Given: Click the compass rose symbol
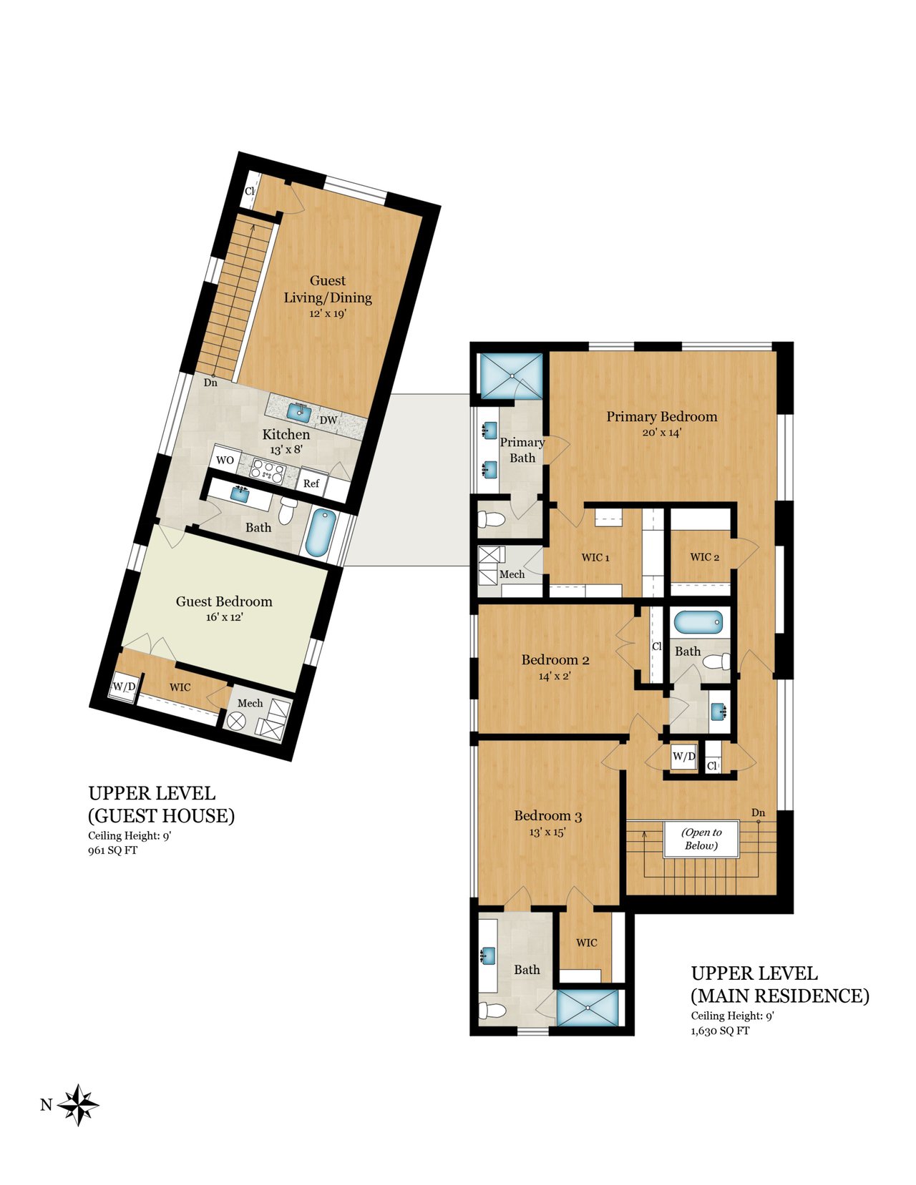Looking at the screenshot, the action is point(78,1105).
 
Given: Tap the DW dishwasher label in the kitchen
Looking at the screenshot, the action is point(328,420).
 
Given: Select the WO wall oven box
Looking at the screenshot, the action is point(224,460).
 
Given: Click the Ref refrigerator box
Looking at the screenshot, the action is point(311,483).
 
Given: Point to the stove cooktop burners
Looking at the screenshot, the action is point(267,471).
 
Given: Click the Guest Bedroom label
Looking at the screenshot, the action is point(224,601).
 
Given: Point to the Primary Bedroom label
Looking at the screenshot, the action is point(662,417).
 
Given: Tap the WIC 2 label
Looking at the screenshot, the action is point(704,557).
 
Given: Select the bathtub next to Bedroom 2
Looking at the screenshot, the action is point(699,621).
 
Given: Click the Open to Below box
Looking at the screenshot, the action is point(701,840).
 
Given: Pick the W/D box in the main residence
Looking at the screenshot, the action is point(683,757).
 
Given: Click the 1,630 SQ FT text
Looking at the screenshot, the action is point(720,1031).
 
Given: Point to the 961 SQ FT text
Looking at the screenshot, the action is point(113,850).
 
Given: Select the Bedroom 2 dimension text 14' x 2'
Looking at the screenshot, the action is point(555,677).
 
